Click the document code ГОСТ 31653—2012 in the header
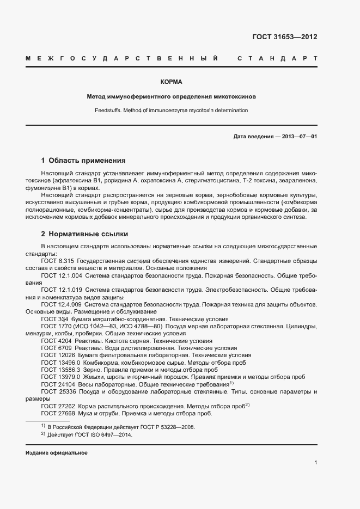tap(284, 37)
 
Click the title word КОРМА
tap(171, 82)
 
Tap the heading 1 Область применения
tap(83, 161)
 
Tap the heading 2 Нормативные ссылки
tap(84, 234)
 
